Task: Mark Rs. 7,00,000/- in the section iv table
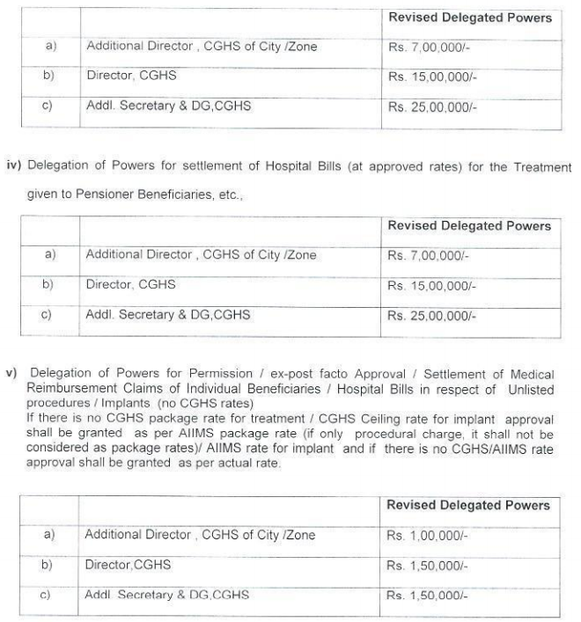428,256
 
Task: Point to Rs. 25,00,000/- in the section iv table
431,316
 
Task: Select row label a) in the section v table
49,534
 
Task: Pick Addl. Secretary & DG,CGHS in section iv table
168,315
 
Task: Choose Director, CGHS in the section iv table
130,285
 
